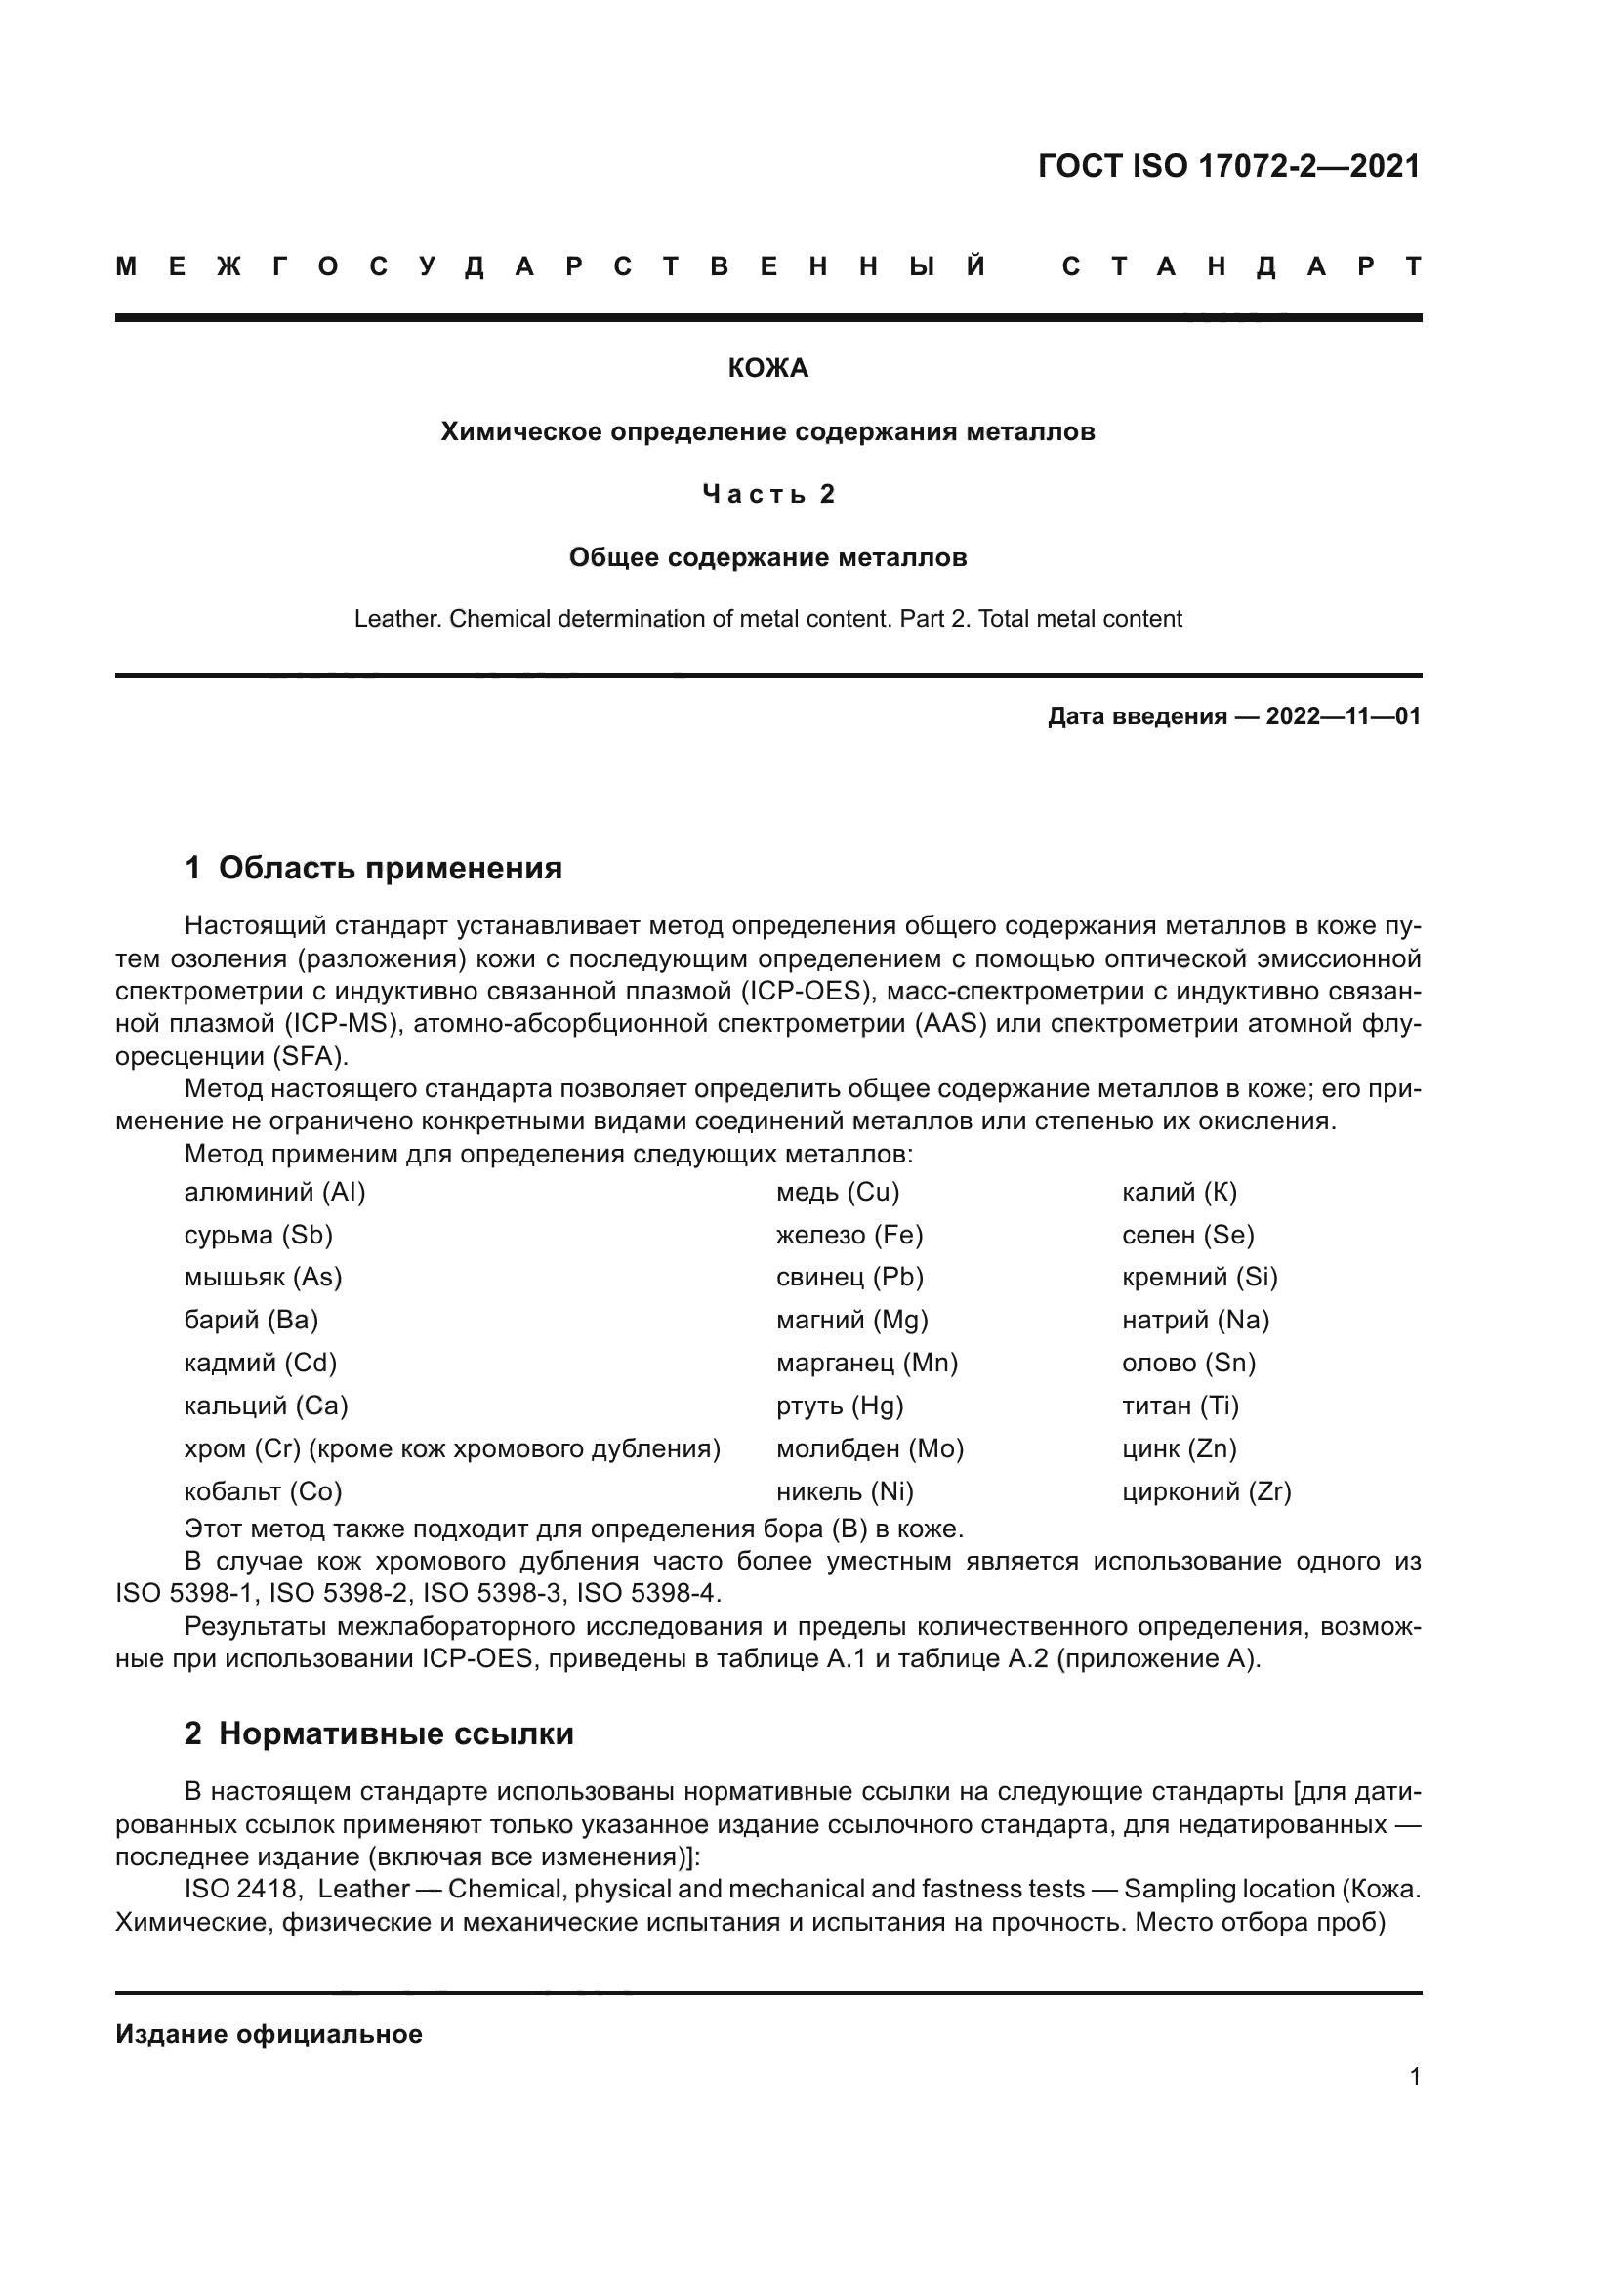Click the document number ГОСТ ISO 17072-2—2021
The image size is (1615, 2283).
1228,166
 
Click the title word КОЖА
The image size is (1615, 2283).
767,369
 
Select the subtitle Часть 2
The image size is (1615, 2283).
767,494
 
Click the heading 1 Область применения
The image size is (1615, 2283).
373,868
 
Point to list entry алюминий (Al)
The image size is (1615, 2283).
274,1192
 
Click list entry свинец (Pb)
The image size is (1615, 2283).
849,1277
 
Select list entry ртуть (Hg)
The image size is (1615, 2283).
840,1405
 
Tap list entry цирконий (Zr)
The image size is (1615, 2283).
1206,1490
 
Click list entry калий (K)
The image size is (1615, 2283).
1180,1192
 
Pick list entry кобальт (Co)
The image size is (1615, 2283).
263,1490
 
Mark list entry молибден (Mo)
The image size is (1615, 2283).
869,1447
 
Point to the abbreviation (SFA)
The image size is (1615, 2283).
308,1055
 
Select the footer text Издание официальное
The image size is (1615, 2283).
269,2033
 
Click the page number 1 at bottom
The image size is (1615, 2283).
1414,2077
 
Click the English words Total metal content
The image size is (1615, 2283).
1080,619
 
